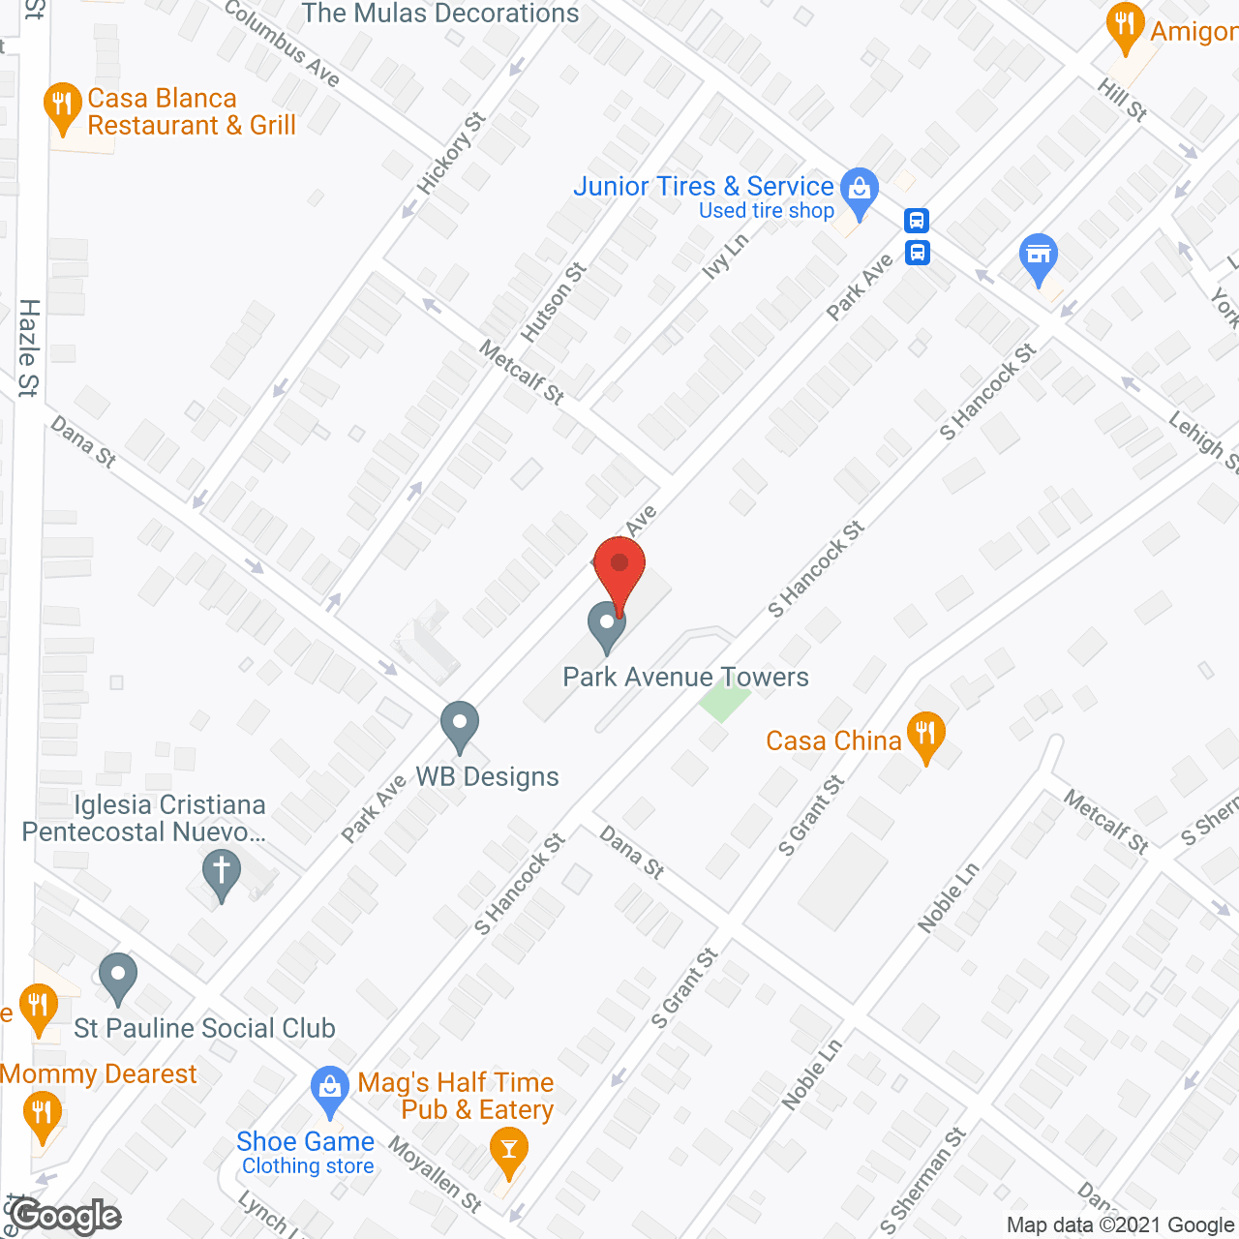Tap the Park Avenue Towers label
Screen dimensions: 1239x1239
tap(685, 677)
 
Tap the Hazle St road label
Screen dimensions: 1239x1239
tap(29, 348)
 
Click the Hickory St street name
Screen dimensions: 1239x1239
tap(451, 154)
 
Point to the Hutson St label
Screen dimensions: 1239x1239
tap(554, 302)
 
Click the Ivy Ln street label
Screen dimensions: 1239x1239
tap(725, 257)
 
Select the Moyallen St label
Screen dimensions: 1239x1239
tap(435, 1174)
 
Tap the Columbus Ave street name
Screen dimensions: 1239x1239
tap(282, 43)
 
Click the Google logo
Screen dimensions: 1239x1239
tap(66, 1217)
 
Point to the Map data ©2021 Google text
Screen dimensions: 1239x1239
tap(1121, 1225)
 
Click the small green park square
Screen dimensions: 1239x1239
tap(723, 698)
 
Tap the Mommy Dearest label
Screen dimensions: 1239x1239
tap(99, 1073)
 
